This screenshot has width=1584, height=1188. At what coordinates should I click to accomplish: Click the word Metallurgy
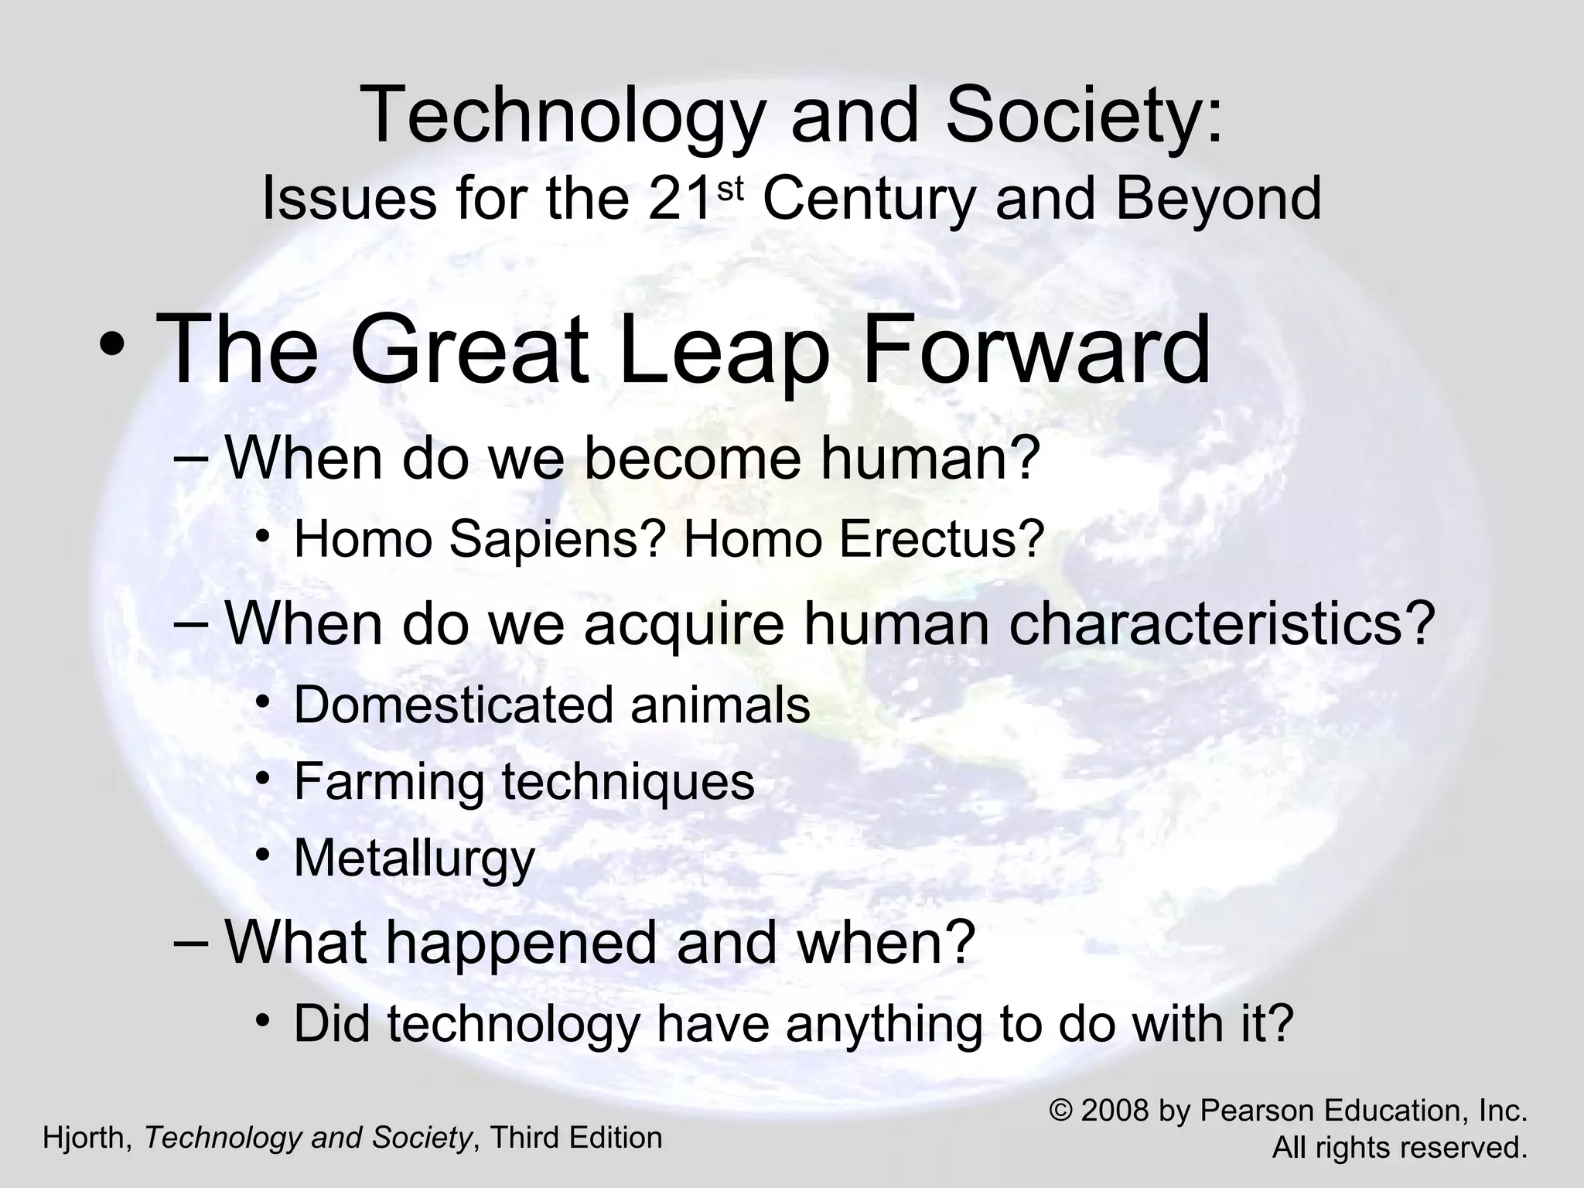coord(415,859)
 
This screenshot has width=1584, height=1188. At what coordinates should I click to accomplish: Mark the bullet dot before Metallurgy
coord(264,855)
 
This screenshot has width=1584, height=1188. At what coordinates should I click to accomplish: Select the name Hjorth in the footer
coord(87,1138)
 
